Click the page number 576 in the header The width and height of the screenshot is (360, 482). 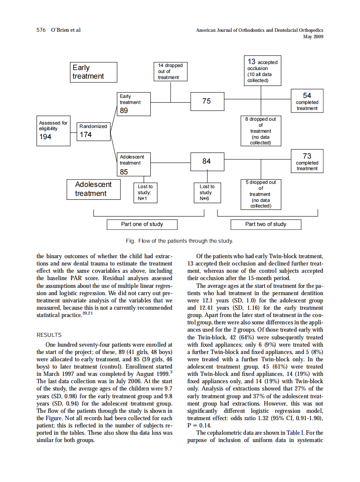coord(42,30)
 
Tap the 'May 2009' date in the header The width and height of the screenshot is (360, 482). coord(313,37)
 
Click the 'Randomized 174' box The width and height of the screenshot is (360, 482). coord(93,131)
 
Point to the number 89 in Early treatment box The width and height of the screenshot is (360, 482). coord(124,110)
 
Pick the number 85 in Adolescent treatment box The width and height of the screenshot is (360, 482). coord(124,172)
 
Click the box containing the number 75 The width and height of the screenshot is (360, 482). coord(207,101)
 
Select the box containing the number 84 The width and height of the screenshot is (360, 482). coord(207,162)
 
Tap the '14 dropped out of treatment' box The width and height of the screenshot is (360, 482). coord(171,71)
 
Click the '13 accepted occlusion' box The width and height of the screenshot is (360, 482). coord(262,70)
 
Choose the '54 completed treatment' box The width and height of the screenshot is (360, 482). coord(307,101)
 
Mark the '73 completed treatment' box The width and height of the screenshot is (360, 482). coord(307,162)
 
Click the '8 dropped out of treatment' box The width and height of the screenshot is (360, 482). coord(261,131)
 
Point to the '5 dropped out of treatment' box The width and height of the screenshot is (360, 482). coord(261,194)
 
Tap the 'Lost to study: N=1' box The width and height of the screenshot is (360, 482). coord(145,192)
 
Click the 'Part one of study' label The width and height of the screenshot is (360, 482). coord(142,224)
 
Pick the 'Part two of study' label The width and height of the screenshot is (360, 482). coord(265,224)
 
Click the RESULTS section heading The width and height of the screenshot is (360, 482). coord(49,335)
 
